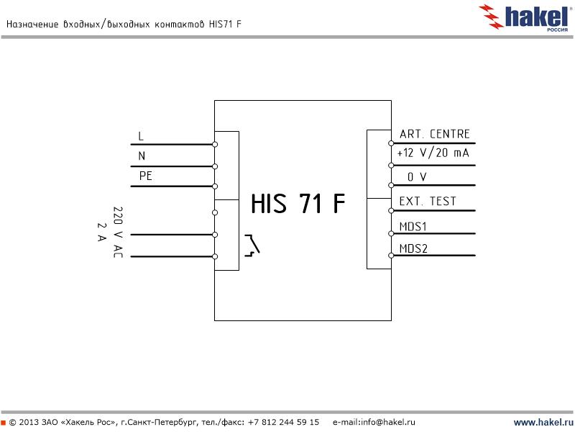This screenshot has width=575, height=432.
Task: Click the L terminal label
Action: pyautogui.click(x=141, y=135)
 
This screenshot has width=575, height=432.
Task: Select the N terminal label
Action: pyautogui.click(x=142, y=155)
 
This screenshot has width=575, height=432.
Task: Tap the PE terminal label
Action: pyautogui.click(x=145, y=176)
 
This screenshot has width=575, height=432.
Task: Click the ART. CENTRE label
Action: pyautogui.click(x=434, y=134)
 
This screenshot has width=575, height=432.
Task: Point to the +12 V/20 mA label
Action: pyautogui.click(x=433, y=153)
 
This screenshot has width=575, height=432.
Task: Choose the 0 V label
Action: pyautogui.click(x=416, y=177)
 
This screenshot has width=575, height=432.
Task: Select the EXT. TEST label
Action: pyautogui.click(x=428, y=201)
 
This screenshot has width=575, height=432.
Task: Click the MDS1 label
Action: pyautogui.click(x=413, y=226)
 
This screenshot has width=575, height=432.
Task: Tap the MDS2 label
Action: pyautogui.click(x=413, y=249)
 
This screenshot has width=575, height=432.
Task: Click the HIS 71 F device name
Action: pyautogui.click(x=298, y=204)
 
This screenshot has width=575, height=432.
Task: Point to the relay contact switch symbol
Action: pyautogui.click(x=252, y=245)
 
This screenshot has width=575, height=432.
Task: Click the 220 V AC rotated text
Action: pyautogui.click(x=118, y=232)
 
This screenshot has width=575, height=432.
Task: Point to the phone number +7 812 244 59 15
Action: pyautogui.click(x=283, y=422)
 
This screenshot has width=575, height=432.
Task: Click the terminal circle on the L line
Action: pyautogui.click(x=215, y=144)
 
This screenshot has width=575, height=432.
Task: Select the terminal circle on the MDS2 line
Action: pyautogui.click(x=391, y=256)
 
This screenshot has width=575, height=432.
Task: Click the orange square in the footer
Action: pyautogui.click(x=3, y=422)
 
